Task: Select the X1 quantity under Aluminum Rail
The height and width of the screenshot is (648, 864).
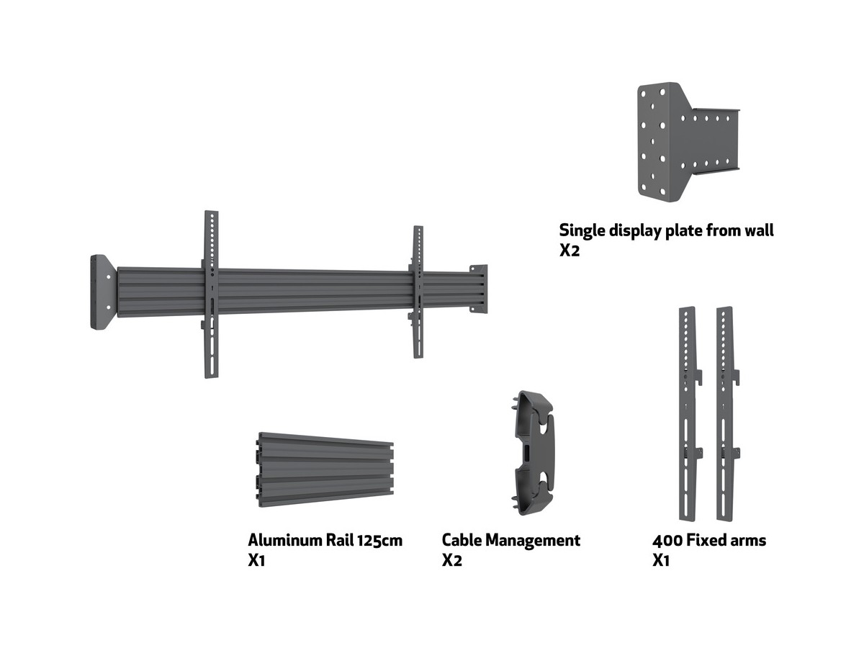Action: [257, 560]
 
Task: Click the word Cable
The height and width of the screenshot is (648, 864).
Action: [462, 540]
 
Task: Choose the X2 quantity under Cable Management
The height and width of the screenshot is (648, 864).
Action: [451, 560]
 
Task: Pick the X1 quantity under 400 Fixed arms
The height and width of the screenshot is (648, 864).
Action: [661, 560]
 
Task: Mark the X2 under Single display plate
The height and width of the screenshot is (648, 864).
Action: [569, 251]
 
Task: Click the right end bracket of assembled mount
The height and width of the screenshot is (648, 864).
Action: [478, 289]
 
